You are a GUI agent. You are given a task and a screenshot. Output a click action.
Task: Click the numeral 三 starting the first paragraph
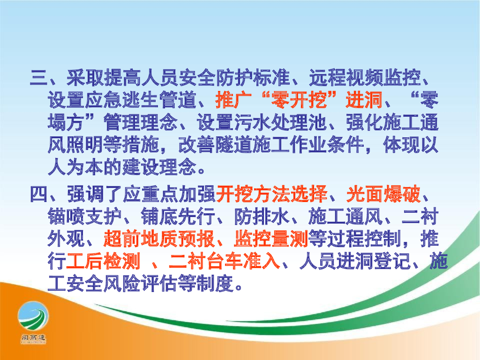(x=39, y=77)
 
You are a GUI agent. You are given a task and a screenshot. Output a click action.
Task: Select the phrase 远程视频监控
(x=365, y=77)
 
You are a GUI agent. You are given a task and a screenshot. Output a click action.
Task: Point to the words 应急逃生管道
(x=141, y=100)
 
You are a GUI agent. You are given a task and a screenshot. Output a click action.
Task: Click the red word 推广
(x=233, y=100)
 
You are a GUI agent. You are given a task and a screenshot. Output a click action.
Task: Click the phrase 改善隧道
(x=215, y=145)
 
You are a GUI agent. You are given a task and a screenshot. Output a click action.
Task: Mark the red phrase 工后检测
(x=103, y=261)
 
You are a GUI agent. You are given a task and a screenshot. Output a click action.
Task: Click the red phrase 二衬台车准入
(x=225, y=261)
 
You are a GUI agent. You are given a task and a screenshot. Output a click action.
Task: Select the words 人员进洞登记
(x=355, y=261)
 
